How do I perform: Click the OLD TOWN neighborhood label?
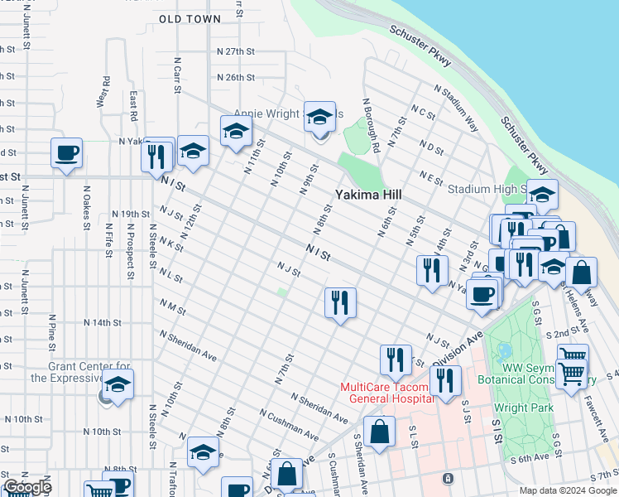190,18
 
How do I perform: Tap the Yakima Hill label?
368,195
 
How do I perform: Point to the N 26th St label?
235,77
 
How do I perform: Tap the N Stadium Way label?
455,109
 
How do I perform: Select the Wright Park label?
522,408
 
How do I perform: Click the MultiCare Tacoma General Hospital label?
387,393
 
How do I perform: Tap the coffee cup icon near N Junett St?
66,153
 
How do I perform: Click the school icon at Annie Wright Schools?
319,117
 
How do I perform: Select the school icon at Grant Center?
118,385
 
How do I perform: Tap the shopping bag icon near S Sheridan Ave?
379,432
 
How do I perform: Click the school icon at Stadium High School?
542,195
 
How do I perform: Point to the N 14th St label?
103,321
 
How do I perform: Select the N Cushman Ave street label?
287,423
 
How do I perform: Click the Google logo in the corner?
28,487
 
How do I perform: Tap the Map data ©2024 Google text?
567,490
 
